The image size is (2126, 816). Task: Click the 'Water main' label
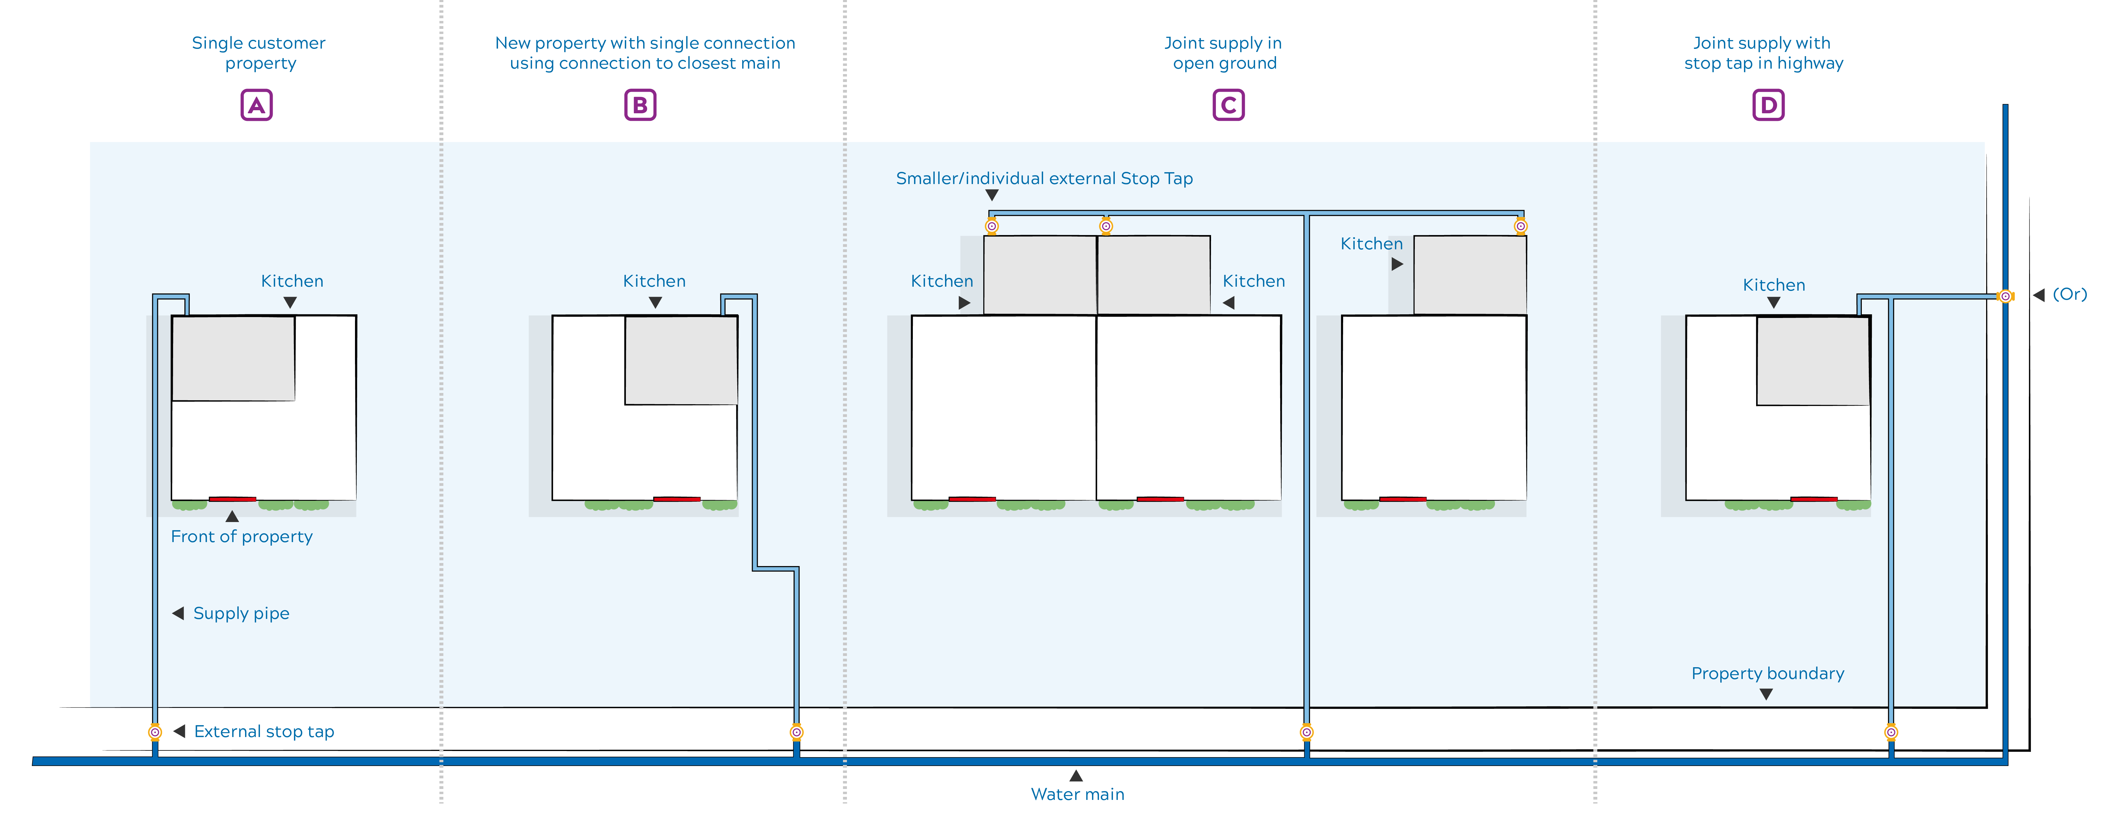tap(1077, 794)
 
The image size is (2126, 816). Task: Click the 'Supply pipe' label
tap(241, 613)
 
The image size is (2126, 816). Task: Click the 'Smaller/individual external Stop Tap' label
tap(1044, 178)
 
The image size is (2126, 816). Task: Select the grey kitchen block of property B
tap(681, 360)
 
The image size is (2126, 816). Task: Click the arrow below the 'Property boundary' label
tap(1766, 695)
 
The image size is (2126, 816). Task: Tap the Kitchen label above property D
tap(1774, 285)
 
